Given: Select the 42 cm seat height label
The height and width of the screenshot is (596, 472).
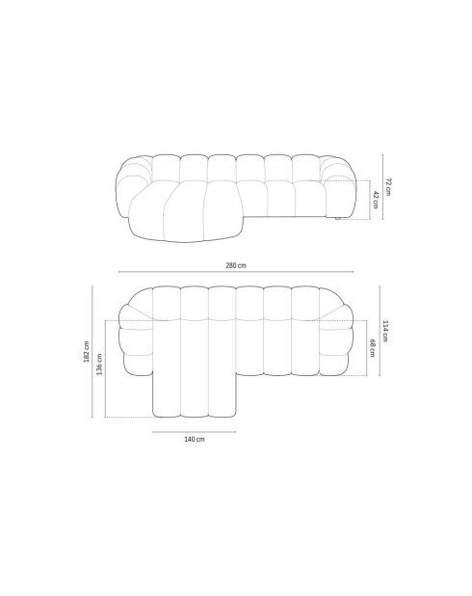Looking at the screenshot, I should coord(375,201).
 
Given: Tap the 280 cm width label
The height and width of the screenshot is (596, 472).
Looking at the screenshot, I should coord(236,264).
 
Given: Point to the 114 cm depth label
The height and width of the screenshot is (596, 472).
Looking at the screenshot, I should coord(386,330).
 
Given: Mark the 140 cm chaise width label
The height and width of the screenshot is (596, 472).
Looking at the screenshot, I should coord(195,439).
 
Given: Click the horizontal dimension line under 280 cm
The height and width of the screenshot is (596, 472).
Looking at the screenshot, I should coord(236,273).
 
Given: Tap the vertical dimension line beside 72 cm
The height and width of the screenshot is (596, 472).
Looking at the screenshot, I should coord(380,187).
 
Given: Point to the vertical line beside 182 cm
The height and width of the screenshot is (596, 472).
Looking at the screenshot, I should coord(93,351).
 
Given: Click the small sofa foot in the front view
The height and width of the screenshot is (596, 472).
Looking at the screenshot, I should coord(336,223).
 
